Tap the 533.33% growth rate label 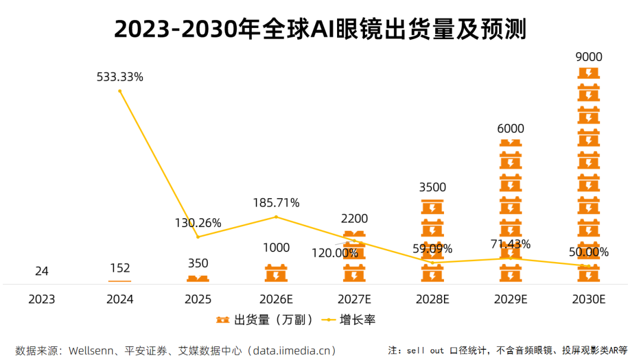pyautogui.click(x=120, y=77)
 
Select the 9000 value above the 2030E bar pyautogui.click(x=589, y=57)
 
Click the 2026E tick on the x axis pyautogui.click(x=276, y=300)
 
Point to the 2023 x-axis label pyautogui.click(x=42, y=300)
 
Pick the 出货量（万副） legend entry pyautogui.click(x=265, y=320)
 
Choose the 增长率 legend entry pyautogui.click(x=350, y=320)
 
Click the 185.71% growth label pyautogui.click(x=276, y=203)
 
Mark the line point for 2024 pyautogui.click(x=120, y=91)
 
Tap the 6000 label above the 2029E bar pyautogui.click(x=510, y=129)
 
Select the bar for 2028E pyautogui.click(x=433, y=240)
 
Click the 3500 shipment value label pyautogui.click(x=433, y=187)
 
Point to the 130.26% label pyautogui.click(x=198, y=223)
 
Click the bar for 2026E pyautogui.click(x=276, y=273)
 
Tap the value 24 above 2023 pyautogui.click(x=42, y=271)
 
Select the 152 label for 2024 pyautogui.click(x=120, y=268)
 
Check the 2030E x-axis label pyautogui.click(x=589, y=300)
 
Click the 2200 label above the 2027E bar pyautogui.click(x=355, y=219)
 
